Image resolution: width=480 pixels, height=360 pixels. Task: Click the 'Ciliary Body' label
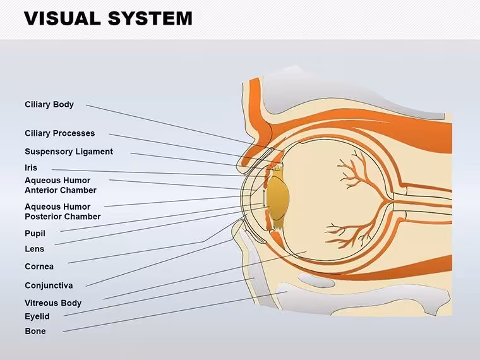pos(49,105)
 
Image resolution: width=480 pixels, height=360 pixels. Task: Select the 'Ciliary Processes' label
pos(60,133)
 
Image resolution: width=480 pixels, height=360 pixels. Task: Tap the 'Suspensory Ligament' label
pos(69,152)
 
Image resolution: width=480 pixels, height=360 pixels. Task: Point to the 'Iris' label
pos(31,168)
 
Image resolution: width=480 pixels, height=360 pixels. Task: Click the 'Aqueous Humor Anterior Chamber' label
pos(61,185)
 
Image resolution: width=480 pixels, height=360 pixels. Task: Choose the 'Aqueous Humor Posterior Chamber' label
pos(63,212)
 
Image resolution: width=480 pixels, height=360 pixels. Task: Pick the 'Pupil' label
pos(35,234)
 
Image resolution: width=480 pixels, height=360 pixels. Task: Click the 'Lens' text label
pos(34,249)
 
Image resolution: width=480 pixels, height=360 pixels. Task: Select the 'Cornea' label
pos(39,267)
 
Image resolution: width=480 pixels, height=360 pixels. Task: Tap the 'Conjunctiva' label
pos(49,285)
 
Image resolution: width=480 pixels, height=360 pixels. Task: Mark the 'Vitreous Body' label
pos(53,303)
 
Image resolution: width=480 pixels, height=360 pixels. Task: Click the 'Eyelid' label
pos(37,316)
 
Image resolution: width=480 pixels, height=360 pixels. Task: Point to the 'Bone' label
pos(35,331)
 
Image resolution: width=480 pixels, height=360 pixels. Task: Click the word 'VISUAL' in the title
pos(63,18)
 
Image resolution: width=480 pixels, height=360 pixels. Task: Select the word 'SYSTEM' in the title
pos(150,18)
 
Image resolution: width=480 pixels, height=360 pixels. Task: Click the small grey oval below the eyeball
pos(316,280)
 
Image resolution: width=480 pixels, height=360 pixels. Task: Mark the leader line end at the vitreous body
pos(306,251)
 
